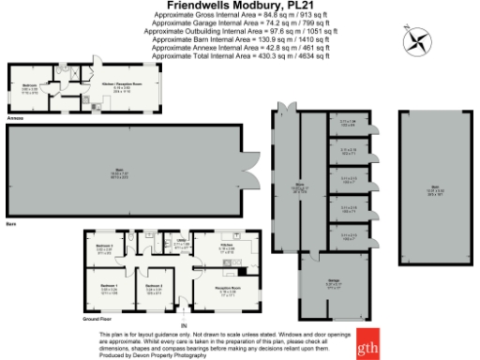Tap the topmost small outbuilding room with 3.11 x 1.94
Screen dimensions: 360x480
(348, 122)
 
